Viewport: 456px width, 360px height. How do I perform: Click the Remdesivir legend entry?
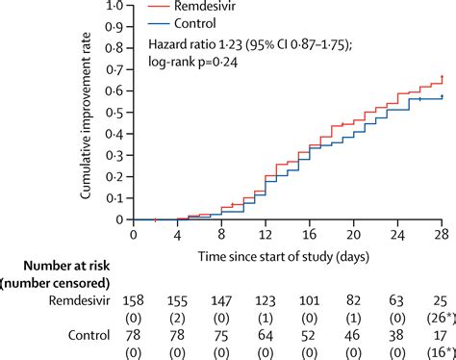191,6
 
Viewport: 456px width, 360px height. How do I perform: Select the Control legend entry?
182,23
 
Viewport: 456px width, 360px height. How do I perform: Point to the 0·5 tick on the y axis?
129,113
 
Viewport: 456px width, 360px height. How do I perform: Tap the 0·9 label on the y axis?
114,27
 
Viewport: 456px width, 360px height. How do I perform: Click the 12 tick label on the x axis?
266,235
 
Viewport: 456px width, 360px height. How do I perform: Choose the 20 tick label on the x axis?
353,235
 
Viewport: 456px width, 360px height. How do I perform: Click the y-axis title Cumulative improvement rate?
86,116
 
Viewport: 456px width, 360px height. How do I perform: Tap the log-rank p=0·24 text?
192,62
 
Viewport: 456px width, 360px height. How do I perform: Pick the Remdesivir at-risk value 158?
133,301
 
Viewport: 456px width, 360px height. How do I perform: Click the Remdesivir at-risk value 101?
309,301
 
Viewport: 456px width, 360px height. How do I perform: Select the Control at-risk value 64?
266,336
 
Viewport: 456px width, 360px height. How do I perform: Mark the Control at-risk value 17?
440,336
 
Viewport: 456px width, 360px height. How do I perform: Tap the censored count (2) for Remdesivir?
177,319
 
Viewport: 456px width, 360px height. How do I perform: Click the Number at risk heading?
66,266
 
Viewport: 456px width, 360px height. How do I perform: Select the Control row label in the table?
89,335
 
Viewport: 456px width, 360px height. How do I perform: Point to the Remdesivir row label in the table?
79,301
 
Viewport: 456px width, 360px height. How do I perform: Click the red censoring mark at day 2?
155,219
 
